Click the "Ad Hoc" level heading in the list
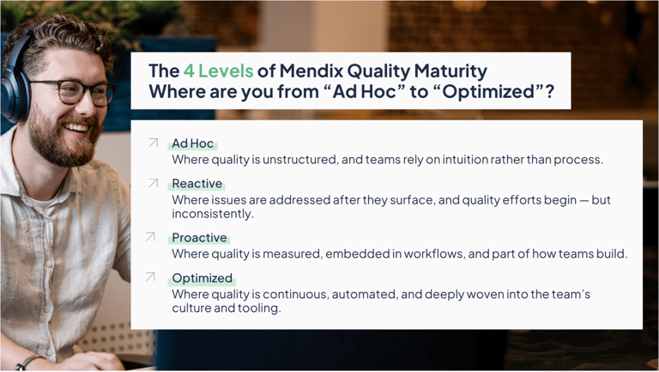[x=192, y=144]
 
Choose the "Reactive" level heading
[x=196, y=184]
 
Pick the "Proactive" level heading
[x=199, y=238]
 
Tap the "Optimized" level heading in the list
[x=202, y=278]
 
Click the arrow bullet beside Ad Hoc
[x=153, y=143]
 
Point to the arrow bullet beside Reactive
[x=153, y=183]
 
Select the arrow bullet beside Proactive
[x=151, y=237]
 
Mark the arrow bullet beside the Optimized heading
[x=151, y=277]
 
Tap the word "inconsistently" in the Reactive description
[x=209, y=214]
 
